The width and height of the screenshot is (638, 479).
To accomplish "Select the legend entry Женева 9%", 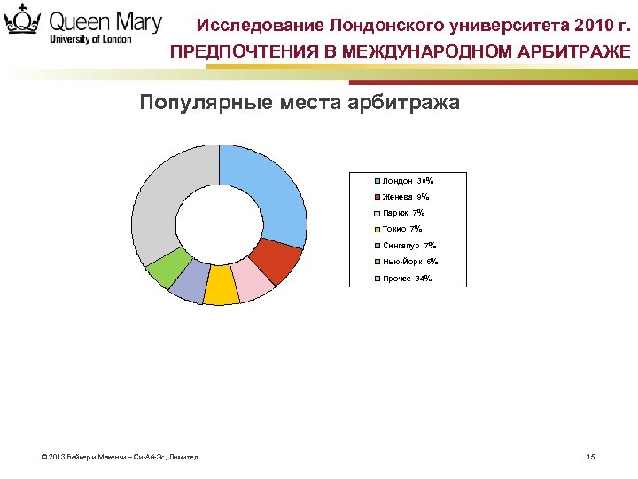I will pos(405,197).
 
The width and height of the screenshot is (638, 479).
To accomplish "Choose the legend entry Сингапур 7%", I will pos(408,246).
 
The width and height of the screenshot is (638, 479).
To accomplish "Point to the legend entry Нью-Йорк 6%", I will pos(409,262).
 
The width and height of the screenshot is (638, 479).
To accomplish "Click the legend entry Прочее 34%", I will pos(407,279).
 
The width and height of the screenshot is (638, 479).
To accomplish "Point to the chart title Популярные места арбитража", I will pos(300,102).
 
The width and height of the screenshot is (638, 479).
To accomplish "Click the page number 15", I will pos(591,457).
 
